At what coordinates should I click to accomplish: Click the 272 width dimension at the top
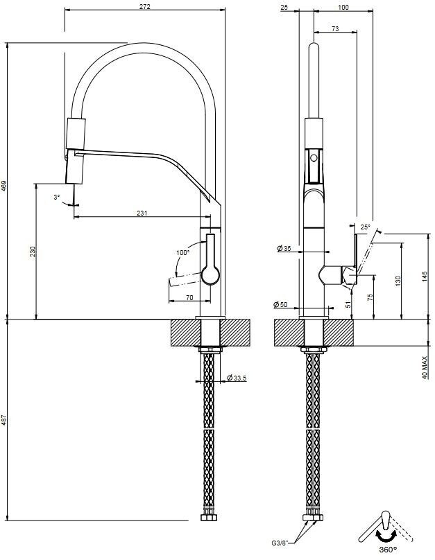click(x=144, y=6)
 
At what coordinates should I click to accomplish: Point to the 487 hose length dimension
click(x=4, y=421)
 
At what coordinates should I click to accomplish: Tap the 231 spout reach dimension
click(x=142, y=213)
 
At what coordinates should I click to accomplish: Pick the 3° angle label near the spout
click(x=57, y=198)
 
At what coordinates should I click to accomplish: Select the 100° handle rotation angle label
click(x=182, y=253)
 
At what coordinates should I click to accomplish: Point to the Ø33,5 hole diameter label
click(x=238, y=378)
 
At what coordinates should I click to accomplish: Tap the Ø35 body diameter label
click(x=283, y=248)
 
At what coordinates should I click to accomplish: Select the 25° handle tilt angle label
click(x=366, y=227)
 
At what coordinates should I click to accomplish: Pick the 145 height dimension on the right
click(x=425, y=277)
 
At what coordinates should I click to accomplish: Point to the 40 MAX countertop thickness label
click(x=425, y=366)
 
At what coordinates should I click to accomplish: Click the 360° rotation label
click(x=388, y=550)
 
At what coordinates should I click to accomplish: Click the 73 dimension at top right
click(x=335, y=28)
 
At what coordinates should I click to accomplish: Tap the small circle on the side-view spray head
click(x=314, y=159)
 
